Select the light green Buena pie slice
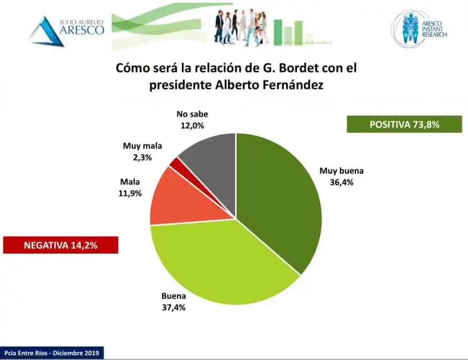coord(219,262)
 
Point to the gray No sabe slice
coord(211,160)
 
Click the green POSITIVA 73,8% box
coord(404,124)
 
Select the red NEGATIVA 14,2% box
coord(60,245)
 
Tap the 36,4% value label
coord(341,182)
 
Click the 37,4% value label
coord(174,308)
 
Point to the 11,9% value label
coord(131,193)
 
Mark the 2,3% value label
coord(142,158)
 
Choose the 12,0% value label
coord(192,126)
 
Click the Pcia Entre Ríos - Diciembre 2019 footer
coord(52,353)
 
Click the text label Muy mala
coord(142,146)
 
